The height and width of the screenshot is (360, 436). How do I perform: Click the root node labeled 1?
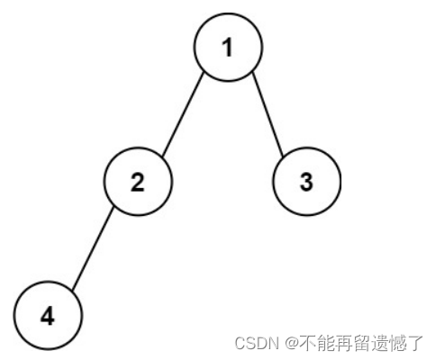[x=228, y=47]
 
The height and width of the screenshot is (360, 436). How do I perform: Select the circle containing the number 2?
[x=138, y=182]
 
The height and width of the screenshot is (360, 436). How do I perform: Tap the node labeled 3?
[x=307, y=182]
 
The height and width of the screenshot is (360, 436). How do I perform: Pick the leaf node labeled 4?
[x=48, y=316]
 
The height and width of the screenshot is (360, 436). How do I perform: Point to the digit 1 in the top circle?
[x=228, y=48]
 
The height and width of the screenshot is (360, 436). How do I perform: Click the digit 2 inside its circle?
[x=138, y=182]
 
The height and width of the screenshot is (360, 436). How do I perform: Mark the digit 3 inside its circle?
[x=306, y=182]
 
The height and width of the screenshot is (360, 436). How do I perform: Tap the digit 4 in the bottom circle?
[x=48, y=317]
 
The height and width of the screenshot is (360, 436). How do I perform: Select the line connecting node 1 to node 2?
[x=183, y=114]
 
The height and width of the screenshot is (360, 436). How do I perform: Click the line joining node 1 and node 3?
[x=268, y=114]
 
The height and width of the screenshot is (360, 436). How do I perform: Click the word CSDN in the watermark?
[x=257, y=343]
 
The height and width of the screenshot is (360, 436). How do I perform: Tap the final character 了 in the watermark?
[x=414, y=343]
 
